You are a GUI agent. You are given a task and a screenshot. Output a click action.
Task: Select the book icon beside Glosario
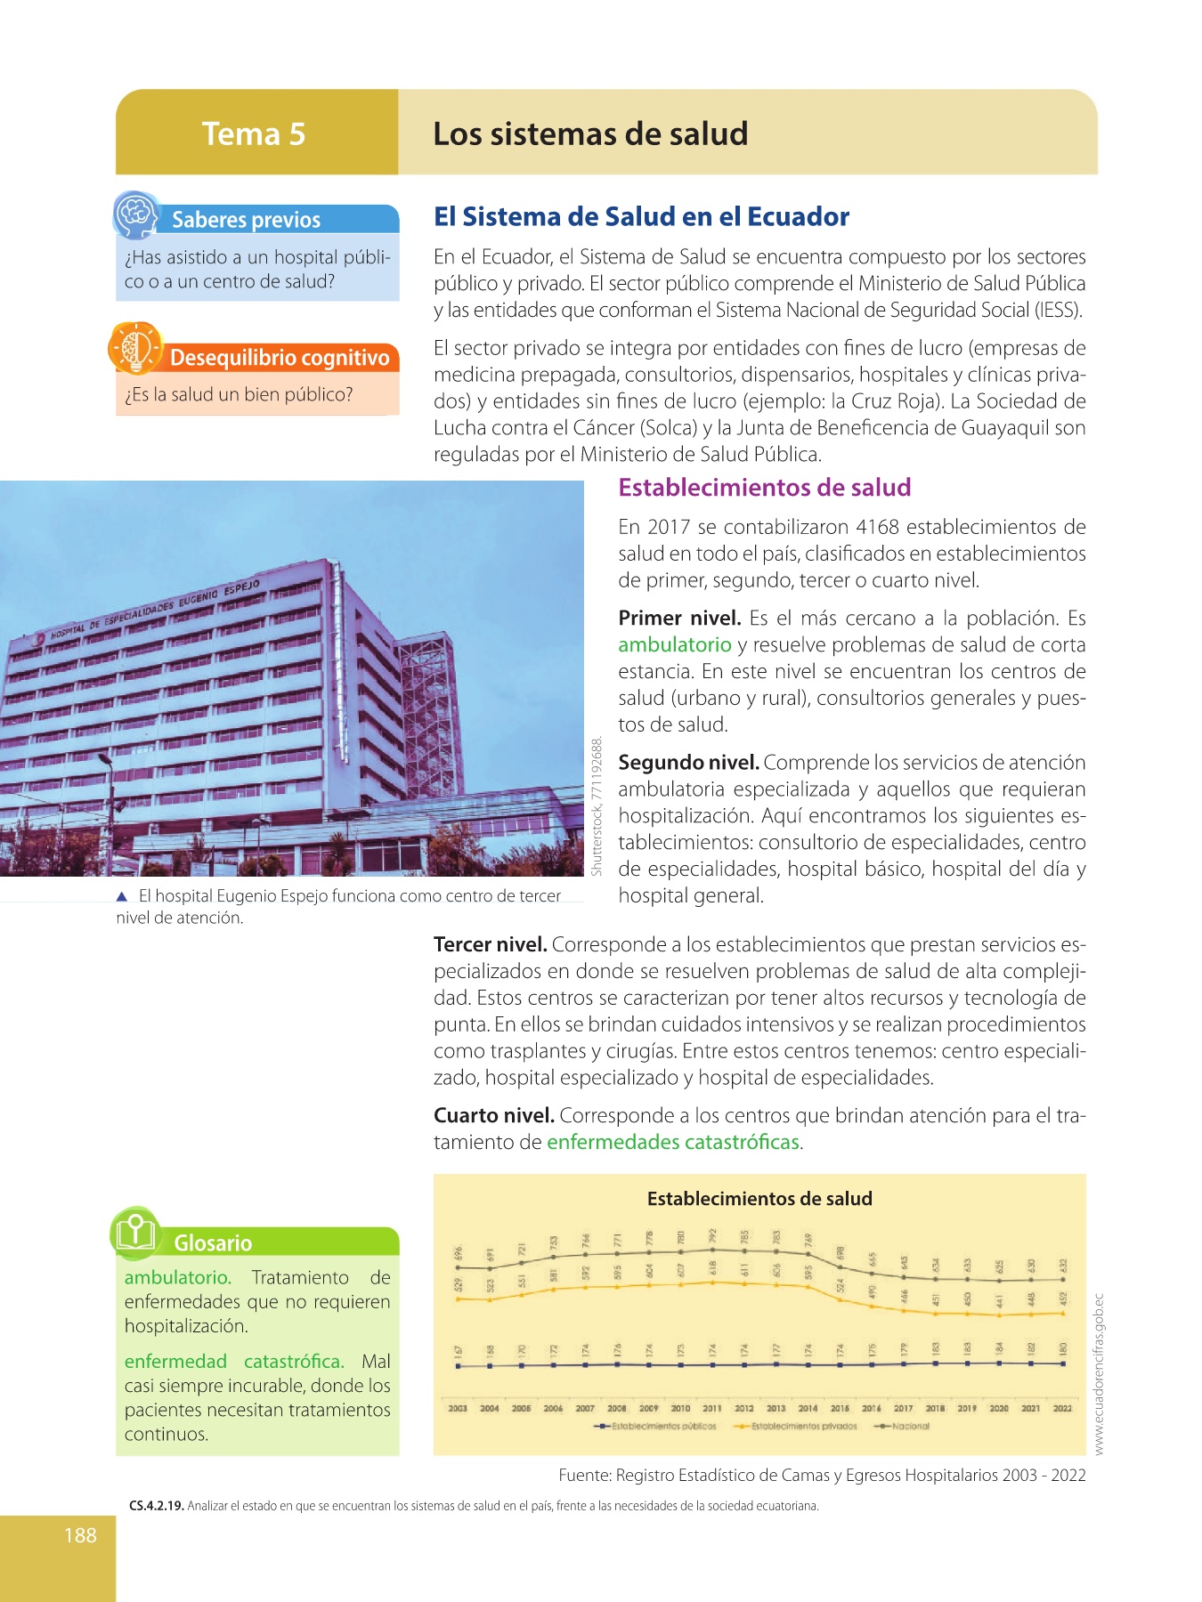tap(135, 1233)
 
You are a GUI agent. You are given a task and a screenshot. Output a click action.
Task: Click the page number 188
tap(80, 1534)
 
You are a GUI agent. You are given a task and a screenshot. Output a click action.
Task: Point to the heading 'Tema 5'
tap(254, 133)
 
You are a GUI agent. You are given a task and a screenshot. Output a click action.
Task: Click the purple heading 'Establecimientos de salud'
tap(765, 488)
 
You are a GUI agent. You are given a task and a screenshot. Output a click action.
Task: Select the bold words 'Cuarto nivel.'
tap(494, 1115)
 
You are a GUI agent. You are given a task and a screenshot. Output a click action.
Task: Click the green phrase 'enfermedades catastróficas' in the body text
tap(673, 1142)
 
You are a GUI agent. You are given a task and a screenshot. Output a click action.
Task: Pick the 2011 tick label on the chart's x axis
tap(712, 1409)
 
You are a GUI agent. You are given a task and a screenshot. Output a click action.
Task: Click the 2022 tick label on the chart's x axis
tap(1062, 1409)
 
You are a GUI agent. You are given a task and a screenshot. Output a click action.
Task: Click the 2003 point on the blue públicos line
tap(459, 1366)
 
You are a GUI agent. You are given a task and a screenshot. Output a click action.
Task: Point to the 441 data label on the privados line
tap(999, 1300)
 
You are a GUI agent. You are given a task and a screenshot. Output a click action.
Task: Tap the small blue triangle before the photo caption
tap(123, 896)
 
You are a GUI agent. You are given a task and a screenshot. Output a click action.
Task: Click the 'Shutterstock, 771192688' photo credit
tap(597, 805)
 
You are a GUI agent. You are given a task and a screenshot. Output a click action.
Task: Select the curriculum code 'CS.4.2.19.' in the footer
tap(156, 1506)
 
